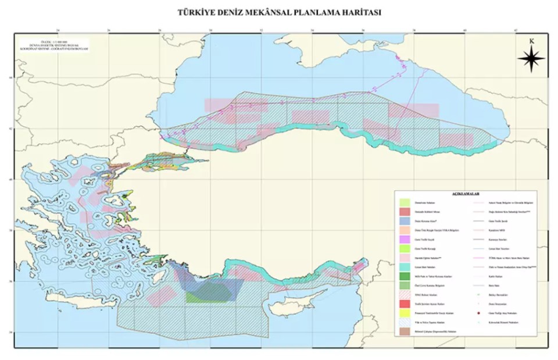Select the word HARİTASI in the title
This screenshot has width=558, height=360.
(358, 12)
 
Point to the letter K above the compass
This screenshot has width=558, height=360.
(531, 41)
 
